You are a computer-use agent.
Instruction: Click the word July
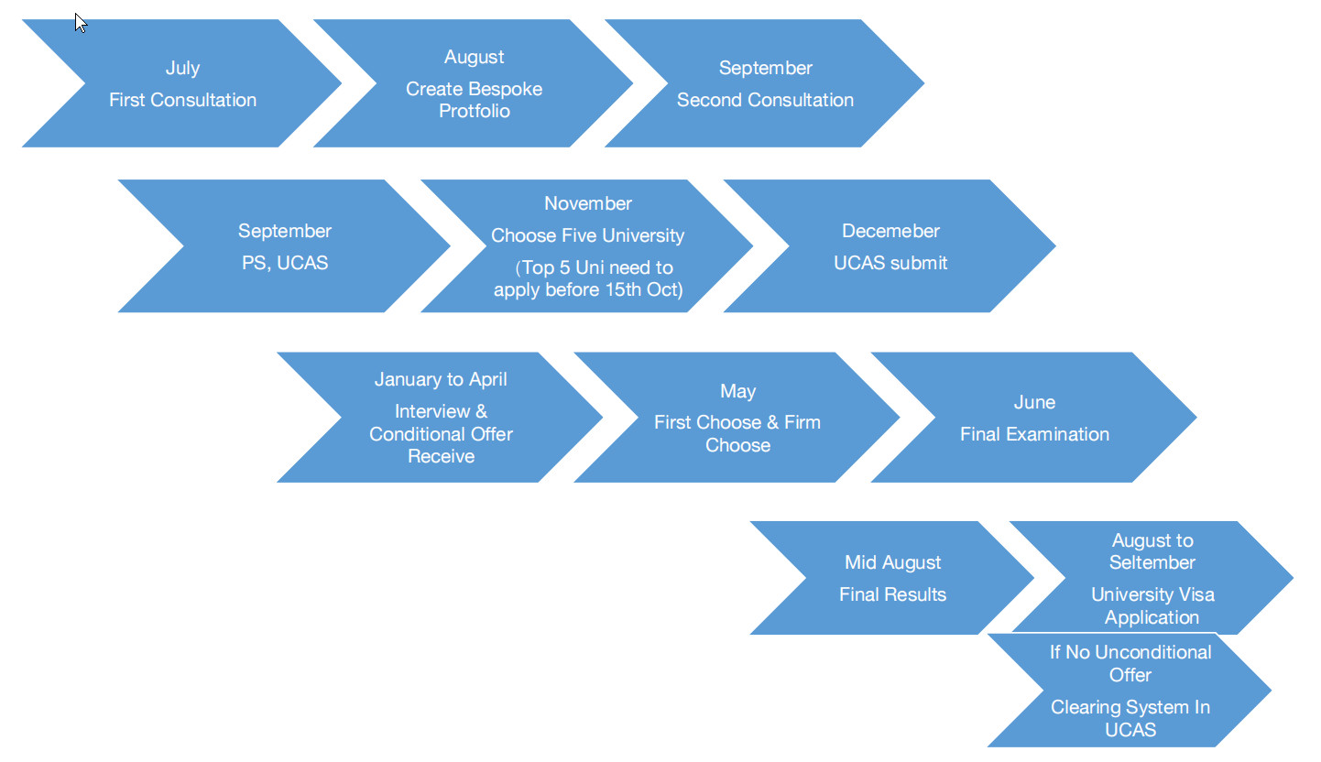182,68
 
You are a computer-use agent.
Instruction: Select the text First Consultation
182,100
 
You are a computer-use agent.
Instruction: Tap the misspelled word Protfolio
474,111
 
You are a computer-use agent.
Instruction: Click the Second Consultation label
765,100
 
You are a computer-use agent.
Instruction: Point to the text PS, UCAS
285,263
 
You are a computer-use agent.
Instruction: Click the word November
587,203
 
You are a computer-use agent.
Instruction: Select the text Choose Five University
587,235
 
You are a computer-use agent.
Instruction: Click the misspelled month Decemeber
890,231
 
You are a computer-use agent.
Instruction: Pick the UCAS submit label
890,263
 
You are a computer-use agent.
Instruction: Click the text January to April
441,379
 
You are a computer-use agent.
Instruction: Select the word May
737,391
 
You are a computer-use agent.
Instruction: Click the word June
1034,402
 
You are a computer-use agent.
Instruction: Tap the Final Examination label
1034,434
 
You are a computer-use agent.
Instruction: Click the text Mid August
892,562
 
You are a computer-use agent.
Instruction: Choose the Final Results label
892,594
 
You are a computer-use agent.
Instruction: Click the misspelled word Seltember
1152,562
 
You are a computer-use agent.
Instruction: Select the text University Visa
1152,594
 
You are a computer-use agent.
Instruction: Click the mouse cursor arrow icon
81,22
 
